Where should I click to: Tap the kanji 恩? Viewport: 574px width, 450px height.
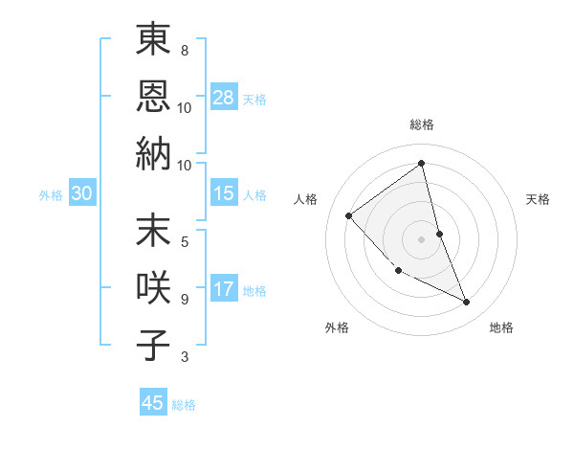tap(153, 96)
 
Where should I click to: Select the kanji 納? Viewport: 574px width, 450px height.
tap(153, 153)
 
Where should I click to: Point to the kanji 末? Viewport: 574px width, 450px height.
tap(153, 231)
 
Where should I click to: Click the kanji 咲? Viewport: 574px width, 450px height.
tap(153, 288)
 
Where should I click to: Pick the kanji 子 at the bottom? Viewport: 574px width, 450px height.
tap(153, 345)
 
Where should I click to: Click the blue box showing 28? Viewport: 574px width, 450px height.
tap(224, 98)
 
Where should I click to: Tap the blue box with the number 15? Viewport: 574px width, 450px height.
tap(224, 193)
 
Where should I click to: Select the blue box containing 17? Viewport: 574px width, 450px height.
tap(224, 289)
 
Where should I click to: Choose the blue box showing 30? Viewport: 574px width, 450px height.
tap(82, 193)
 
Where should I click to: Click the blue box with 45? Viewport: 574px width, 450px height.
tap(153, 403)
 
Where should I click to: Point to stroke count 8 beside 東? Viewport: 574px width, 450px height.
tap(185, 50)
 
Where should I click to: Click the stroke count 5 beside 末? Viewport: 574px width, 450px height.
tap(185, 240)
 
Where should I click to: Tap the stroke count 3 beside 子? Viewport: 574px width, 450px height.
tap(185, 357)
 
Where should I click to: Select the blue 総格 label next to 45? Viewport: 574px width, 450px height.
tap(184, 404)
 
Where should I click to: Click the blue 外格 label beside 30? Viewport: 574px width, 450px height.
tap(51, 194)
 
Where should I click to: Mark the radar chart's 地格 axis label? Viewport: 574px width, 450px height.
tap(501, 327)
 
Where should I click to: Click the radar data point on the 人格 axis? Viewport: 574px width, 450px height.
tap(349, 215)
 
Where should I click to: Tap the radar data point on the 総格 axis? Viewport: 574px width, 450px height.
tap(422, 164)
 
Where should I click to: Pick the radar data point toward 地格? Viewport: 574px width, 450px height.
tap(467, 303)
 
